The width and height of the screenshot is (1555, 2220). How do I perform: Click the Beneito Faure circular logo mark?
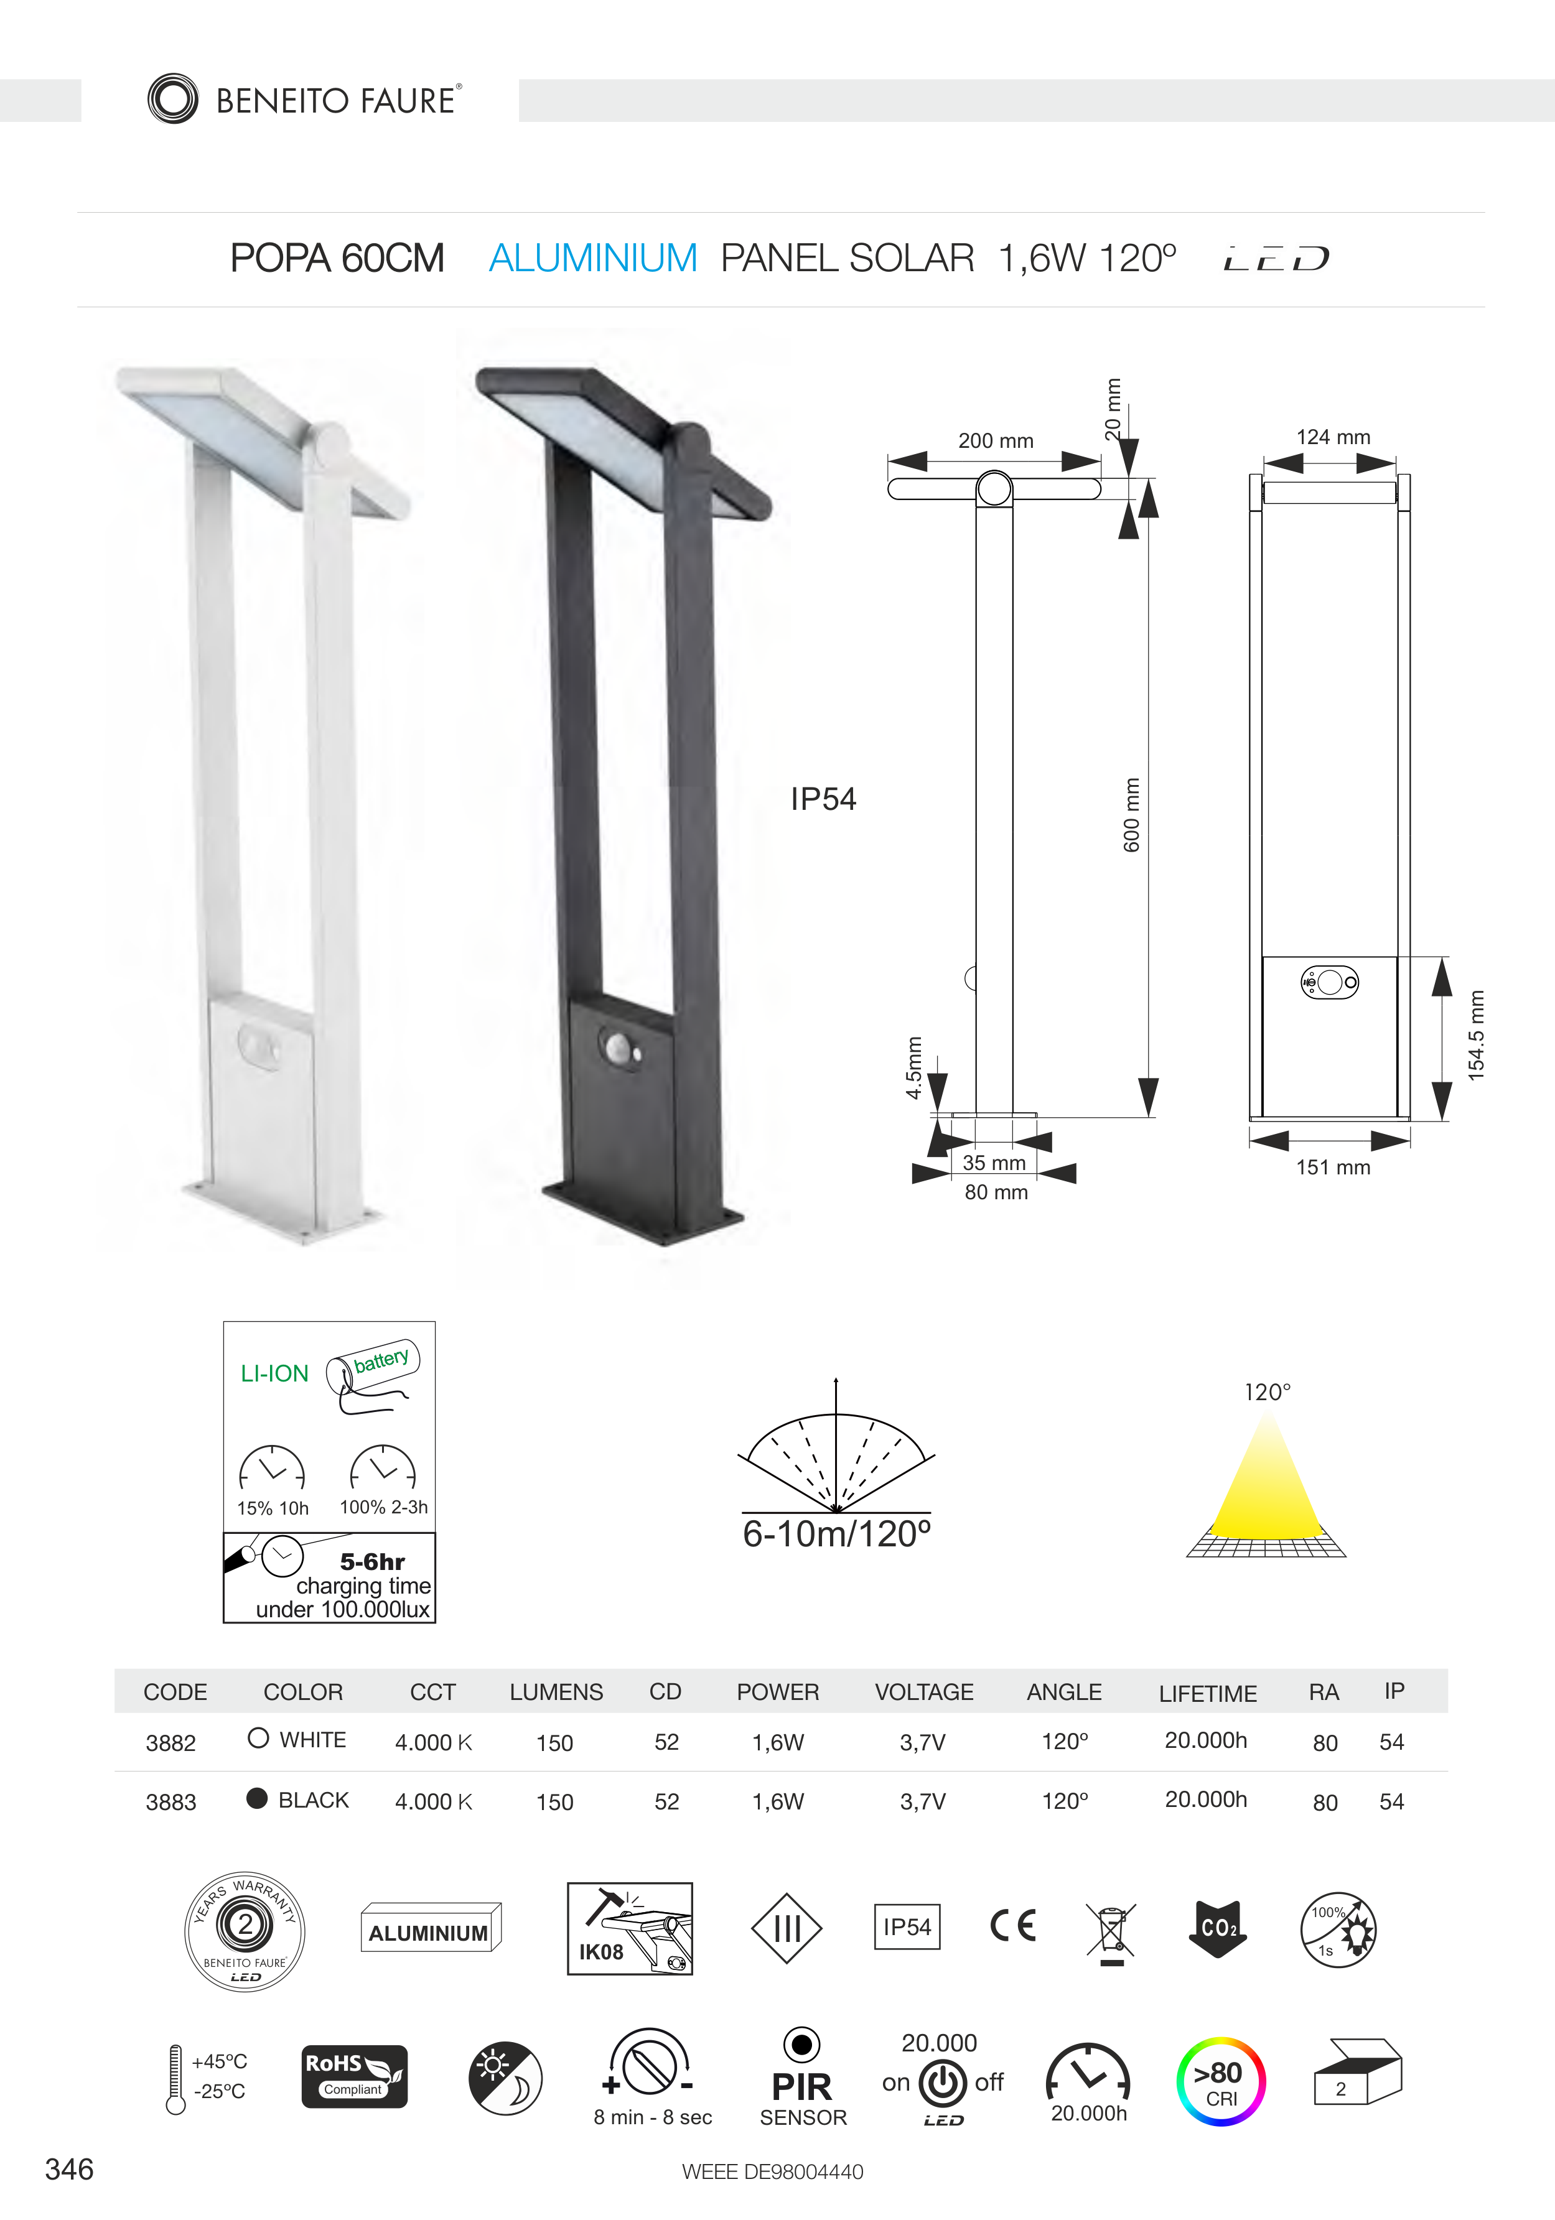(x=173, y=99)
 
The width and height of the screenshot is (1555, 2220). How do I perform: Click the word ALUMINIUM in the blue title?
(x=593, y=258)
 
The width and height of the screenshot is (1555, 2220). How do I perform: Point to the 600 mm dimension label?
(x=1131, y=814)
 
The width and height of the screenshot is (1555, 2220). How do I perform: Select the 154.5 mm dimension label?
(x=1476, y=1034)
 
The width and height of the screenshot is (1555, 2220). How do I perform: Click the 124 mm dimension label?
(x=1333, y=437)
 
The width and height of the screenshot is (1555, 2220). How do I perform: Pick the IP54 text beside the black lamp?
(x=823, y=799)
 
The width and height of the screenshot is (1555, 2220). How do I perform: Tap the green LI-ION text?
(x=274, y=1373)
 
